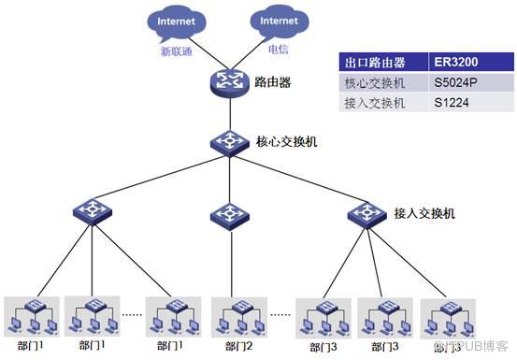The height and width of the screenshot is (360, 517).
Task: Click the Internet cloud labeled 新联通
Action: coord(177,22)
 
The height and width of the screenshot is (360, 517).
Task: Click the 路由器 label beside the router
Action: coord(272,82)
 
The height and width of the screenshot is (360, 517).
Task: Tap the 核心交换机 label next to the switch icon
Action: coord(287,143)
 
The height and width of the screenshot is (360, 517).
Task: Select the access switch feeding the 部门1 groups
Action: coord(93,211)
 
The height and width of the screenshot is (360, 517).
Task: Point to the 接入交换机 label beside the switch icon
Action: coord(424,213)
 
